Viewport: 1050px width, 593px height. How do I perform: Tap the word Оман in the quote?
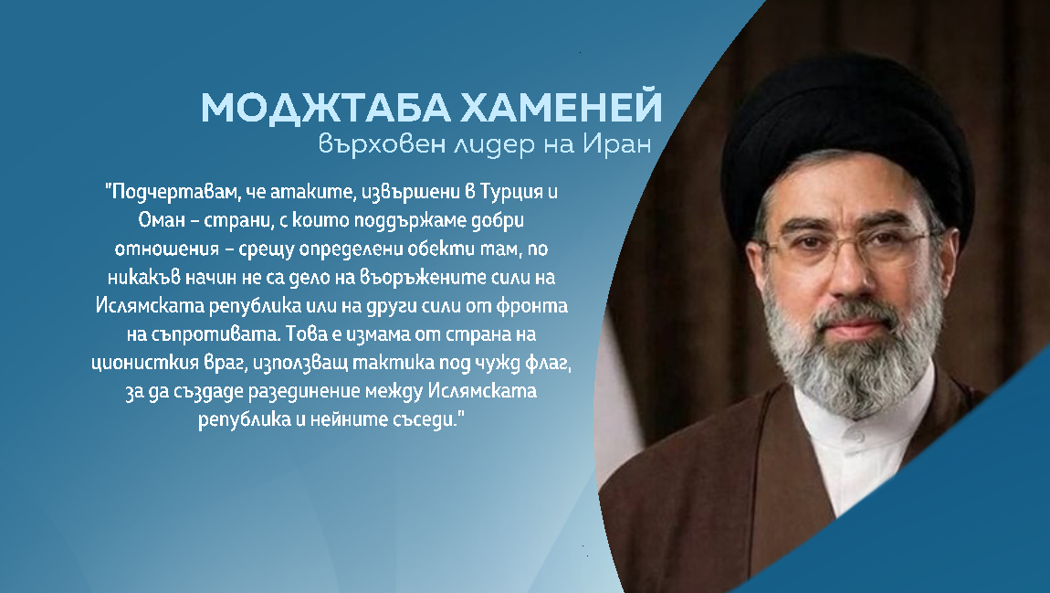158,220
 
